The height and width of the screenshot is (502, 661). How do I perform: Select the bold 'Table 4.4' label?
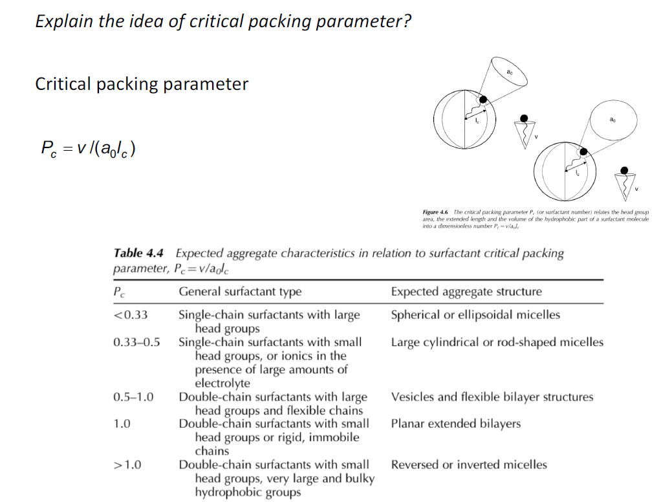point(138,254)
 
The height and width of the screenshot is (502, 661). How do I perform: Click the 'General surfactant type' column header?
point(240,292)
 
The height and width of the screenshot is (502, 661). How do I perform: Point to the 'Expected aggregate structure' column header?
point(466,292)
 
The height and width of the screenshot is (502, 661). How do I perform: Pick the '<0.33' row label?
point(131,315)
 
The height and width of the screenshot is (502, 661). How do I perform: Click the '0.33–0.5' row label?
point(136,342)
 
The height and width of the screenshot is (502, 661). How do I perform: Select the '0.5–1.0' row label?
point(133,397)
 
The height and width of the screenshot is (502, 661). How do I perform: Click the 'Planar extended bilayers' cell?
point(455,424)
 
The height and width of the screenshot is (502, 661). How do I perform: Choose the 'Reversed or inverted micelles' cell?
point(469,464)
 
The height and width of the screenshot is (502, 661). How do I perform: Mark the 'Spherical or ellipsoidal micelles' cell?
point(475,315)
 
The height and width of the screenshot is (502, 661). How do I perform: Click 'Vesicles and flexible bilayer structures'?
point(492,397)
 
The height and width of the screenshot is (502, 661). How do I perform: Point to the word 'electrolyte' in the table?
point(222,383)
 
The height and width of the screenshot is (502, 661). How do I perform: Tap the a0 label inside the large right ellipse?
point(612,120)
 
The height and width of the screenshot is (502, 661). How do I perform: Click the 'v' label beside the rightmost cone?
point(636,189)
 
